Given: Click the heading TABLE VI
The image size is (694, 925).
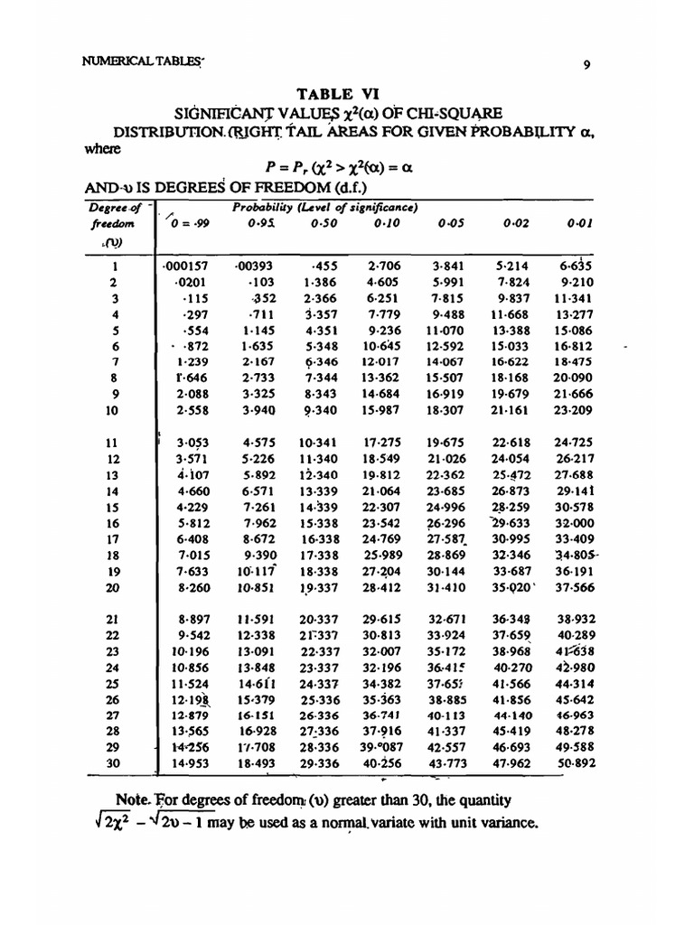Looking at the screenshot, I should click(347, 93).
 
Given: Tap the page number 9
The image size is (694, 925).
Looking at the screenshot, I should click(587, 64).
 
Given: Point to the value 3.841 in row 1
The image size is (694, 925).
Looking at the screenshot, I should click(447, 266).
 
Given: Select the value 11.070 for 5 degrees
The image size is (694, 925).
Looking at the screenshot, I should click(445, 331).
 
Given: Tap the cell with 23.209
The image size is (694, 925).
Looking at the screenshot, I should click(572, 409).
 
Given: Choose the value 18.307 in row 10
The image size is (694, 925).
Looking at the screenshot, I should click(445, 409).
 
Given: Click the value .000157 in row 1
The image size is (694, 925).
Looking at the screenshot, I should click(184, 266).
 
